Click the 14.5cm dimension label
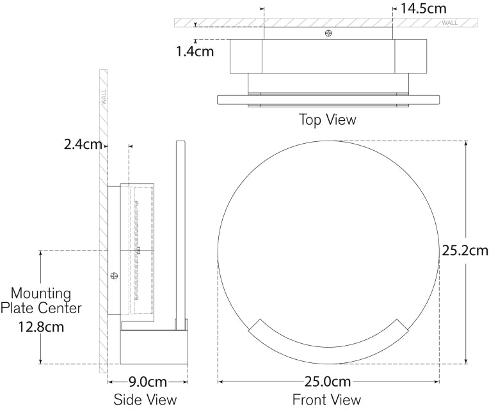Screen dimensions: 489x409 pos(423,8)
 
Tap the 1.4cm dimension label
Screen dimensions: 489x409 pos(195,51)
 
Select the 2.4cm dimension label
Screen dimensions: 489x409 pos(83,144)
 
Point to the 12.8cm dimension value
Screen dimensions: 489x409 pos(41,327)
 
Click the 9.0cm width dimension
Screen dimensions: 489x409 pos(147,382)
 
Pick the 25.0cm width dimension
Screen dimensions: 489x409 pos(328,382)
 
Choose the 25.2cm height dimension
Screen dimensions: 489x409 pos(465,251)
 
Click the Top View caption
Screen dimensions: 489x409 pos(328,120)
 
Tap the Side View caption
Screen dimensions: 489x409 pos(145,399)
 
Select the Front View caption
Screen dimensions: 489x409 pos(326,399)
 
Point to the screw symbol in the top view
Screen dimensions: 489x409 pos(328,33)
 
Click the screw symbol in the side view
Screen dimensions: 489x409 pos(115,275)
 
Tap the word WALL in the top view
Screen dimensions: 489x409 pos(449,23)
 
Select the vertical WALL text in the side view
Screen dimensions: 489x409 pos(104,96)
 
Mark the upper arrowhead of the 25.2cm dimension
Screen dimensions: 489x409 pos(466,144)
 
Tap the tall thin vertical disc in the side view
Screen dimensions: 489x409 pos(180,235)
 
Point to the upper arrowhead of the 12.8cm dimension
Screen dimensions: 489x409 pos(41,253)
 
